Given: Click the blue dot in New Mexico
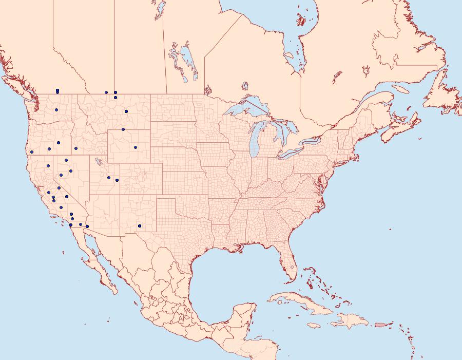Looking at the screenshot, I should click(140, 226).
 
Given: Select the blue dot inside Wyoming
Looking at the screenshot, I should click(136, 147).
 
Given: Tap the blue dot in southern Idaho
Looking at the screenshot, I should click(75, 148).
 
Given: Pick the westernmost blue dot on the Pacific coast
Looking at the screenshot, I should click(32, 151).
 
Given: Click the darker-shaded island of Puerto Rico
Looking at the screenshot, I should click(380, 324).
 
